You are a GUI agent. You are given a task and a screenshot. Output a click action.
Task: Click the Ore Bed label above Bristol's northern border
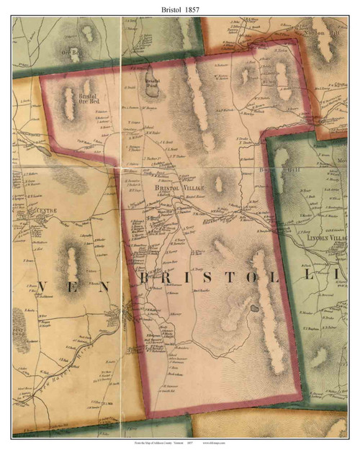tap(75, 52)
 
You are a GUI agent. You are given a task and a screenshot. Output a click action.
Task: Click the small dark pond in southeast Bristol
tap(254, 308)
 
